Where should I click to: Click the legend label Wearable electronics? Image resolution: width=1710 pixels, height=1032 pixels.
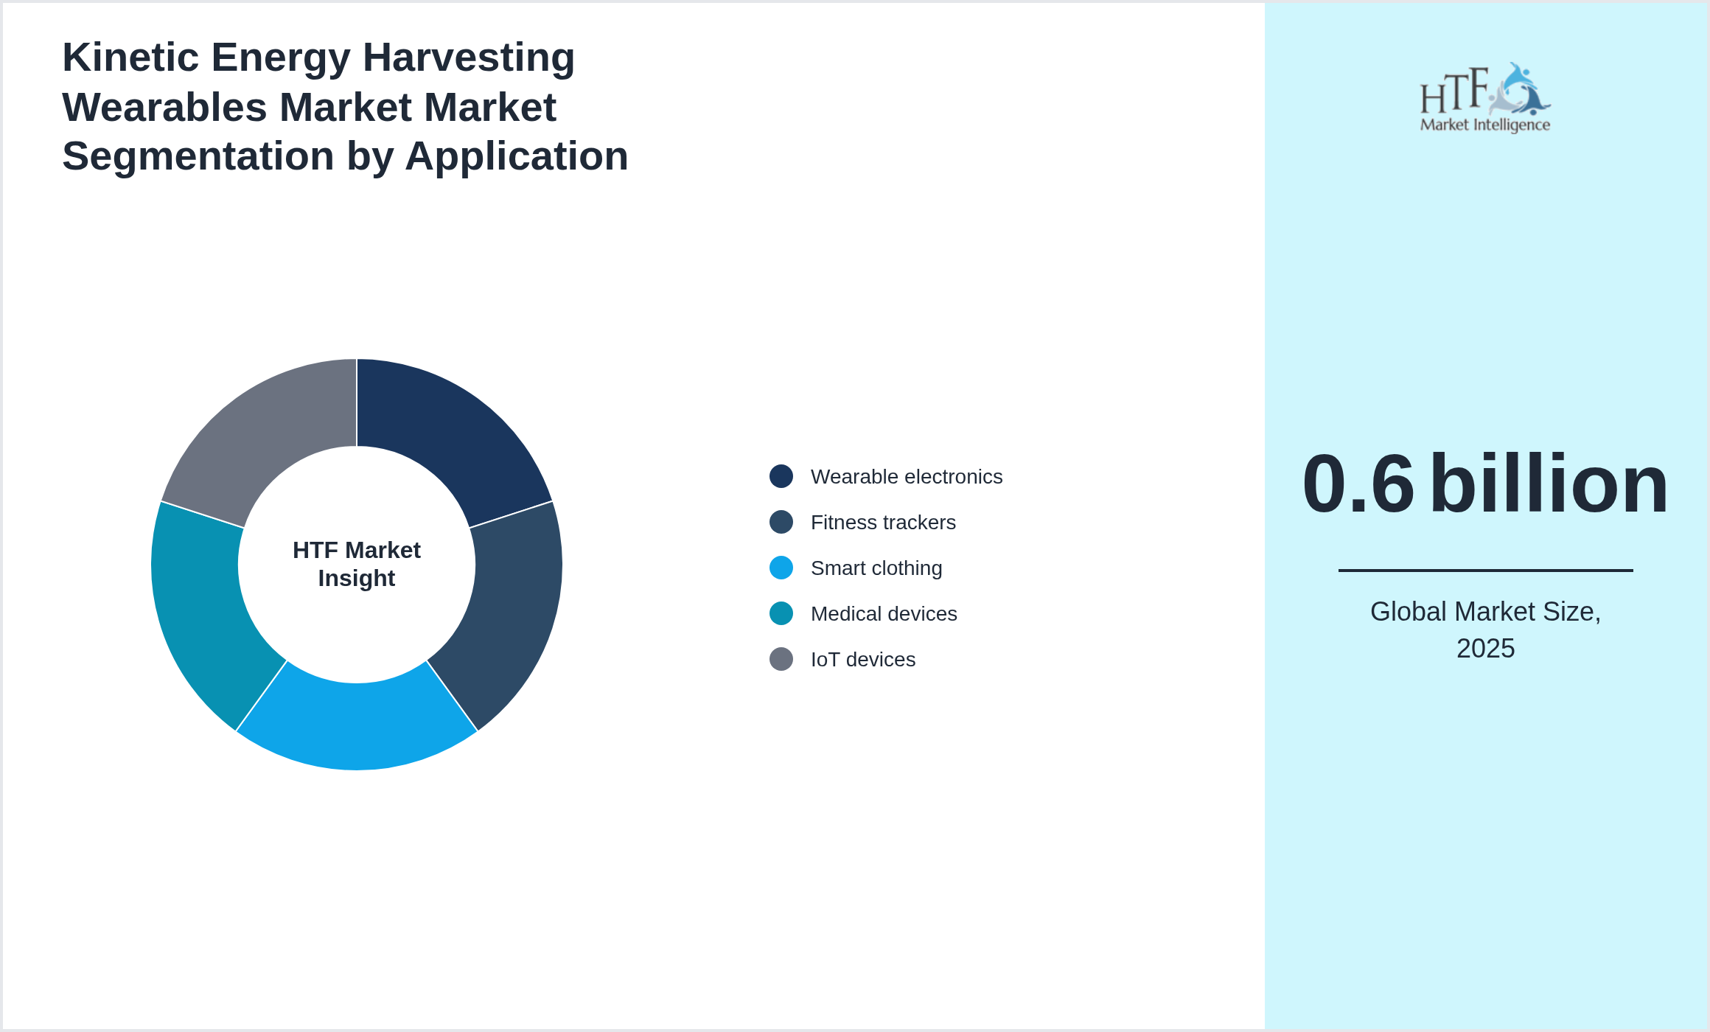click(906, 477)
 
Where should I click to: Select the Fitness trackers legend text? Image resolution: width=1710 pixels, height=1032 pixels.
click(882, 523)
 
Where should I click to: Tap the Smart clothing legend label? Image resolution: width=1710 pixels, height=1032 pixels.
click(876, 568)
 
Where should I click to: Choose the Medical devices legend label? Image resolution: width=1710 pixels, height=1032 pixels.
click(883, 614)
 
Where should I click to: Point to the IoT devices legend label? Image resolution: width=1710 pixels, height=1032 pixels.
click(862, 660)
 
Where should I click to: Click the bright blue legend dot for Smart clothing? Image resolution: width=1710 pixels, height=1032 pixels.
click(781, 568)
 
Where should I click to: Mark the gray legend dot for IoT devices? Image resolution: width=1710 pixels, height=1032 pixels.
click(781, 660)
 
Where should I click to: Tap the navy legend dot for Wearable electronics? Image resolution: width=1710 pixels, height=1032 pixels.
click(781, 477)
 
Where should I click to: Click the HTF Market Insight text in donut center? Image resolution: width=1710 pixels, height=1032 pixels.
click(357, 565)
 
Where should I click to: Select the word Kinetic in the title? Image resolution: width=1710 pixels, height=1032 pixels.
click(130, 57)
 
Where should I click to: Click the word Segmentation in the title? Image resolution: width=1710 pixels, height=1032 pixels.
click(198, 156)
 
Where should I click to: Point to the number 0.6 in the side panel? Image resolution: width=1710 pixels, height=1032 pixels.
click(1358, 484)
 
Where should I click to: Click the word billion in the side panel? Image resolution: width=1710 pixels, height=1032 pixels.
click(1549, 484)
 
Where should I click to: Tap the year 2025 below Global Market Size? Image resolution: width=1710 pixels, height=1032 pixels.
click(1485, 649)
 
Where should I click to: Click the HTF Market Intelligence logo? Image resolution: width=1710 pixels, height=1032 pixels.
click(1485, 98)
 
